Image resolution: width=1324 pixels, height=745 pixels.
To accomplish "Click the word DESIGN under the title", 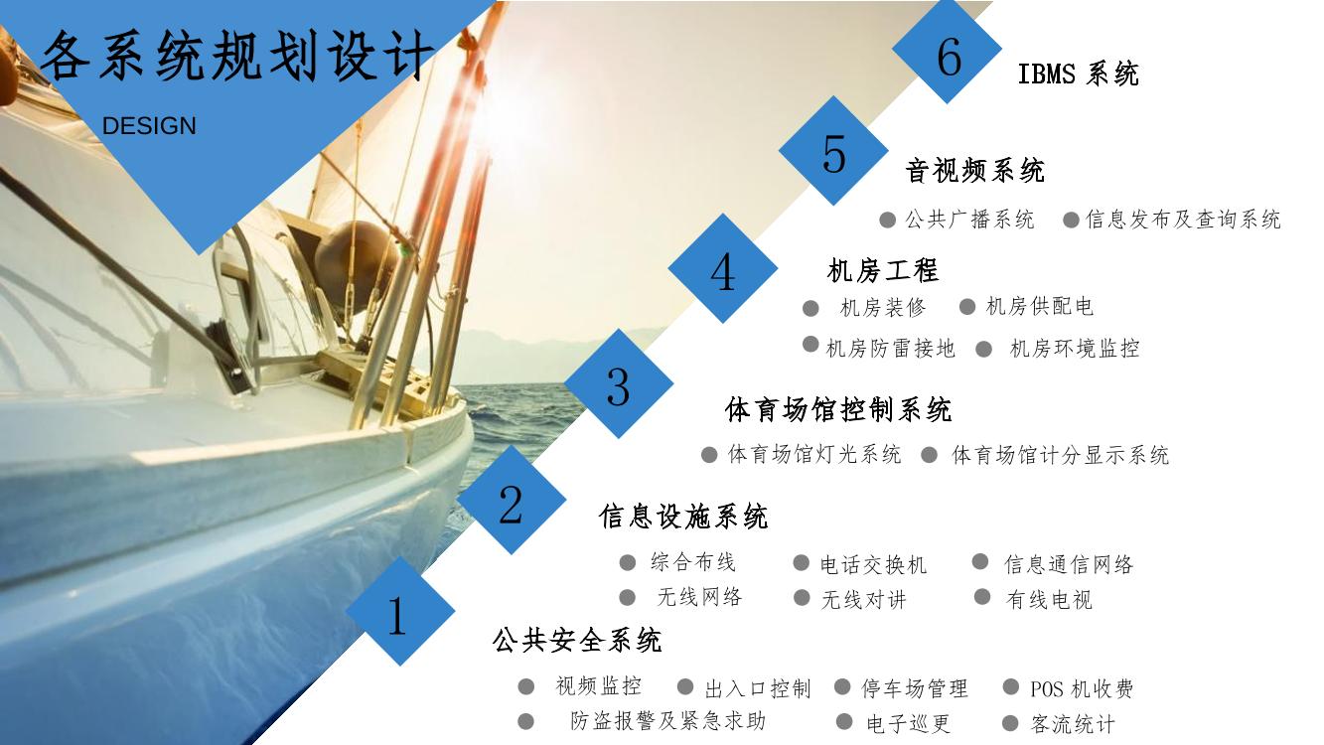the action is coord(149,126).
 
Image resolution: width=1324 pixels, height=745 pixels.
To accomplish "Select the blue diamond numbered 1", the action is coord(400,611).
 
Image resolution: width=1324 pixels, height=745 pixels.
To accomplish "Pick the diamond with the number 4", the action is coord(723,268).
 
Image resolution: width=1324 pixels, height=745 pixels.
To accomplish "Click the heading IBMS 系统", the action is coord(1078,74).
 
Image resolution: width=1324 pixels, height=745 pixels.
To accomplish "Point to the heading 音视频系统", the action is coord(975,171).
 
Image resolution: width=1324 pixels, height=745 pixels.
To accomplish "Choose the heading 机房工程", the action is coord(883,271).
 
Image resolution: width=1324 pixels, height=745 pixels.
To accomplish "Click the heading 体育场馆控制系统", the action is coord(838,409).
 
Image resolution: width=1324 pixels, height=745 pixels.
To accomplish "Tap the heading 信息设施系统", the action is coord(683,517).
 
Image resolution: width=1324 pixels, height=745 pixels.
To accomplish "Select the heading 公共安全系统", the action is coord(577,641).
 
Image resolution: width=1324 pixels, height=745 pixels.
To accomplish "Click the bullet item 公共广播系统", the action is coord(970,220).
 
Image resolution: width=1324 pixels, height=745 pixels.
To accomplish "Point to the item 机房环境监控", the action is coord(1075,349).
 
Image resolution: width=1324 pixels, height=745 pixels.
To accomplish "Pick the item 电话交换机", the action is coord(873,564).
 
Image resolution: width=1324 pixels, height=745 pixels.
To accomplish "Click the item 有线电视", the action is coord(1049,600).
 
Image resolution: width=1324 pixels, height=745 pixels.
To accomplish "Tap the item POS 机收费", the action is coord(1082,688).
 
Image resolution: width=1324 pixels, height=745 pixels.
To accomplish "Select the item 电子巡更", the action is coord(909,723).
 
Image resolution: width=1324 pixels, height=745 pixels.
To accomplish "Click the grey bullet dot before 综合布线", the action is coord(627,562).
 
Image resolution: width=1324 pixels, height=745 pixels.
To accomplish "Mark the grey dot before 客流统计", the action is coord(1010,723).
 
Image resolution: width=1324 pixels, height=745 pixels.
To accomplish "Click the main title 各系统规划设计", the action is coord(236,57).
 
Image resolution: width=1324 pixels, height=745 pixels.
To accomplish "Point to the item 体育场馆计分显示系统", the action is coord(1061,455).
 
